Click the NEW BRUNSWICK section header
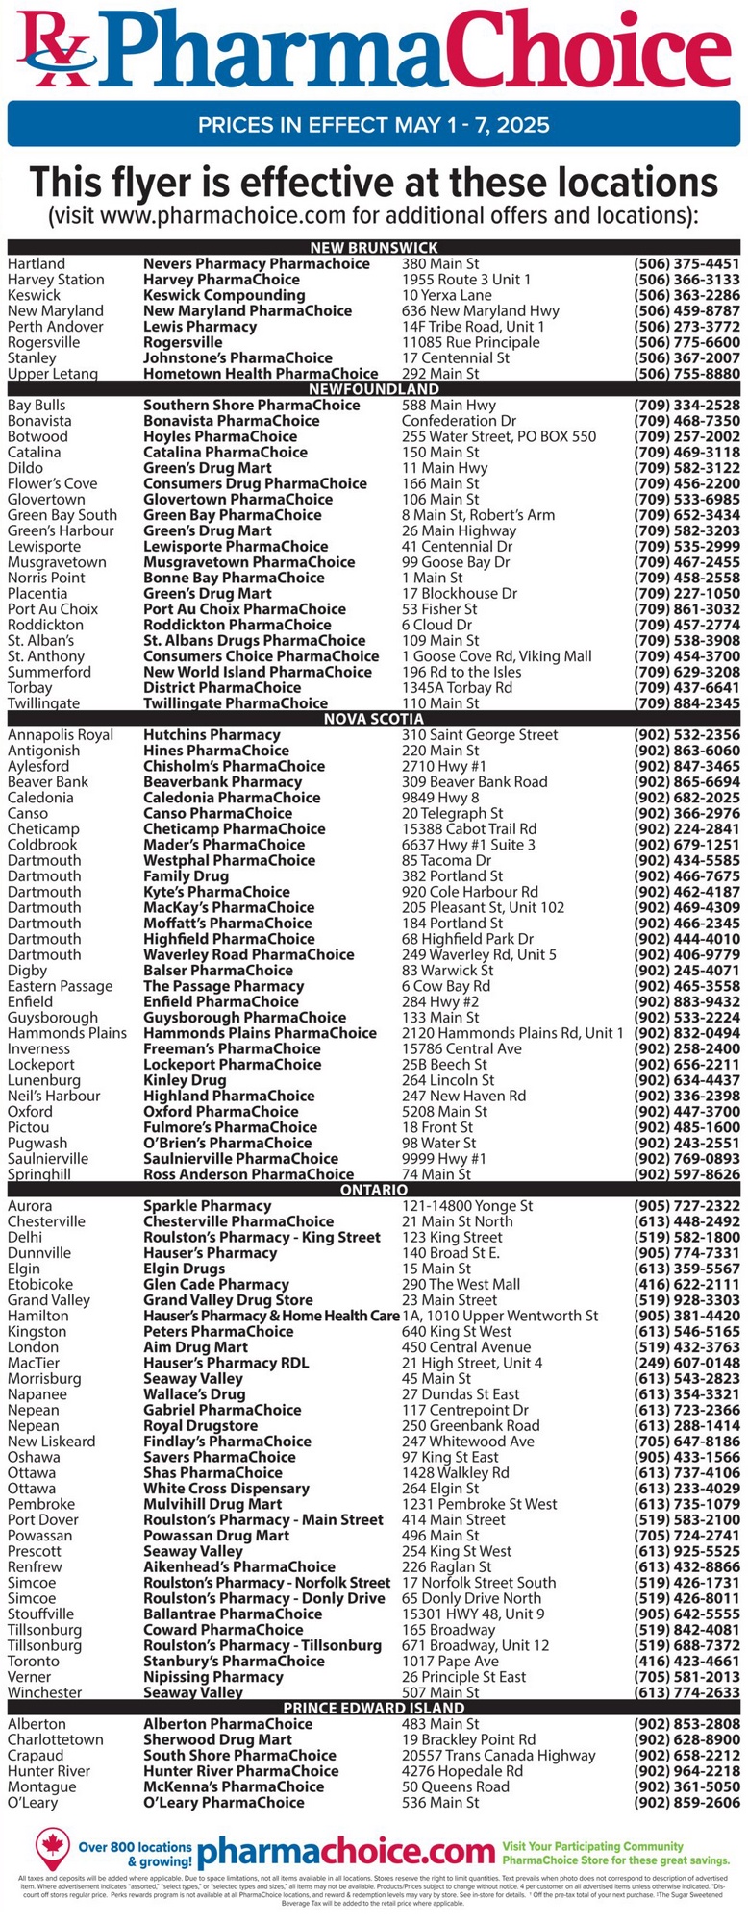(x=374, y=248)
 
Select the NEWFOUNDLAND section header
(x=374, y=389)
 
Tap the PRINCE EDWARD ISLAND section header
(x=374, y=1708)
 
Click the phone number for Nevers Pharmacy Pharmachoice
(x=686, y=263)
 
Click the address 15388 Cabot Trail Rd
(x=469, y=829)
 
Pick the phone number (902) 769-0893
(x=686, y=1159)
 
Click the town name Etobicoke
(x=39, y=1285)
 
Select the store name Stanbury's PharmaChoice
(x=234, y=1662)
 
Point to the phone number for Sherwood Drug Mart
(x=686, y=1740)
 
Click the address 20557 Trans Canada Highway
(x=499, y=1756)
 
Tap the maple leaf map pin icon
(x=53, y=1843)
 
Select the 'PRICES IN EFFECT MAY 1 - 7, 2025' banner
(x=374, y=125)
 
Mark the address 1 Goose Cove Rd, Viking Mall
(x=496, y=656)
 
